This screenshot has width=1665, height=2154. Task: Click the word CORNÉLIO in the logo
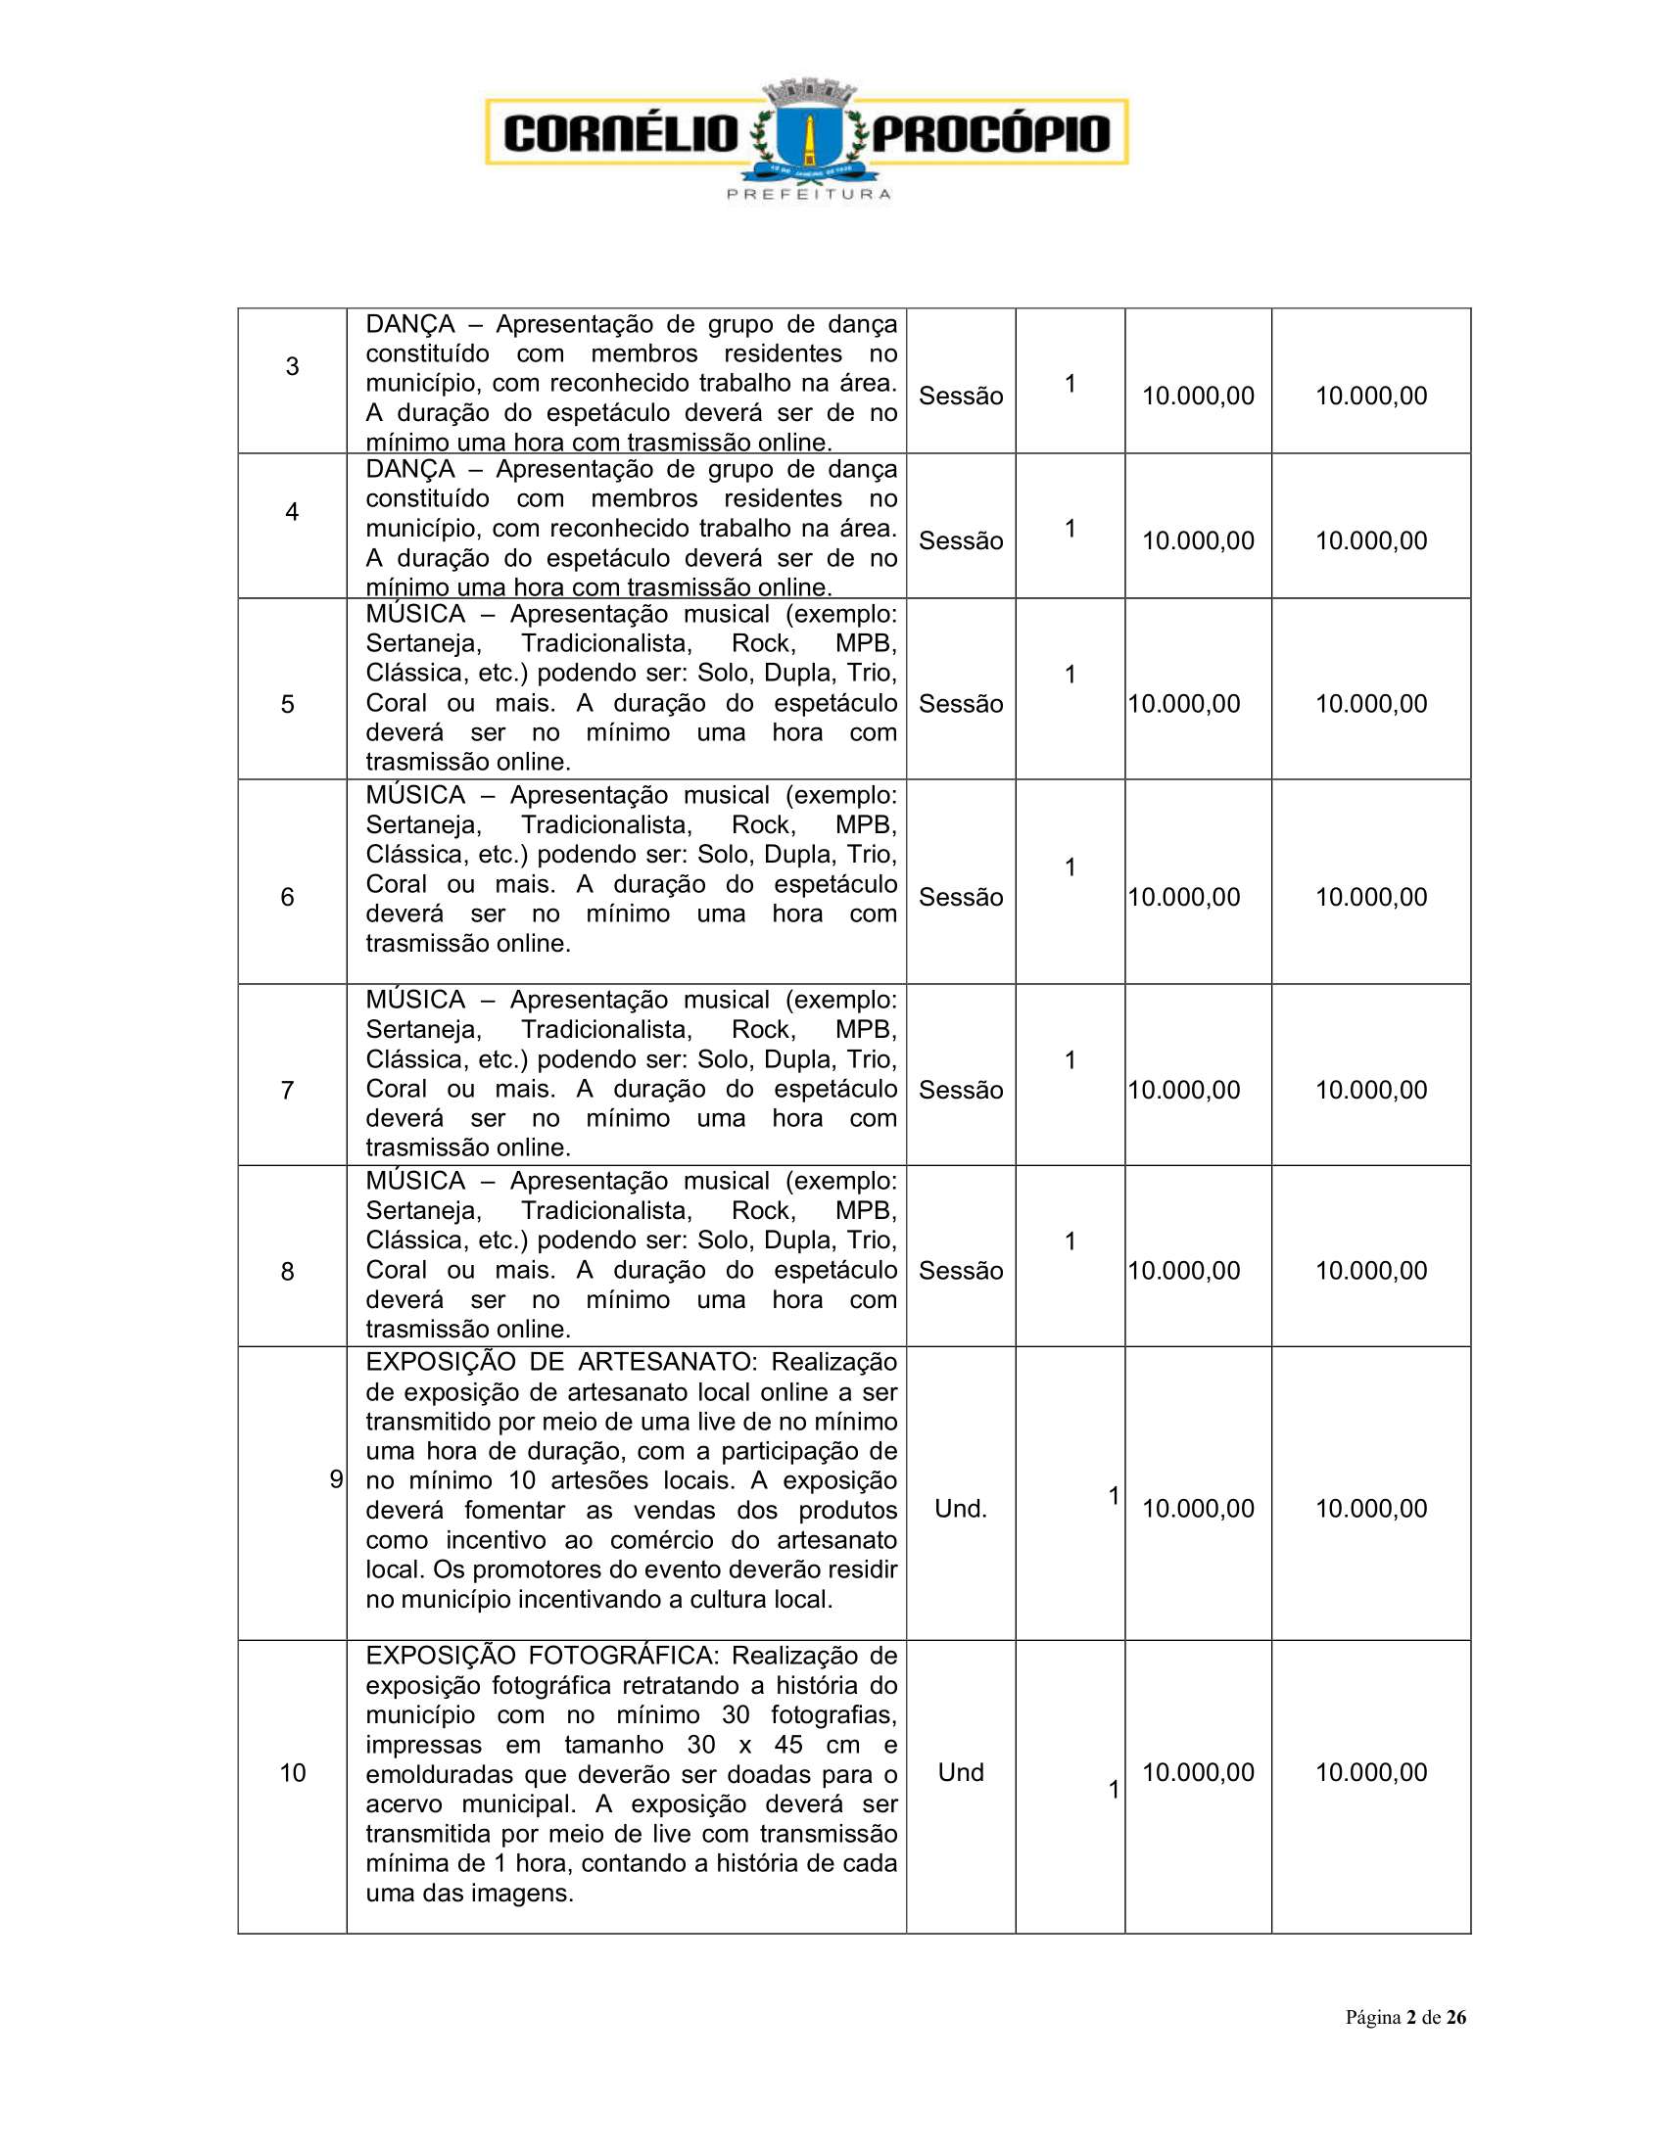tap(620, 133)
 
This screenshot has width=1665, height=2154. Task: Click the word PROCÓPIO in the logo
tap(990, 134)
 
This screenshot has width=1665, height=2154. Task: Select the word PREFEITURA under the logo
tap(809, 194)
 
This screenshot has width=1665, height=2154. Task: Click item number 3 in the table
tap(292, 367)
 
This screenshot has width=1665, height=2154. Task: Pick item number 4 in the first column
tap(292, 512)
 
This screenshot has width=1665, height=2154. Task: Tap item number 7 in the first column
tap(287, 1090)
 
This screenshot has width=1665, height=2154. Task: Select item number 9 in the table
tap(335, 1479)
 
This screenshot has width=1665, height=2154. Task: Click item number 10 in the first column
tap(293, 1772)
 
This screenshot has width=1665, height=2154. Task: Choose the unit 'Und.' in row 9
tap(961, 1509)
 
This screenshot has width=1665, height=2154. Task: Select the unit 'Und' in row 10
tap(961, 1772)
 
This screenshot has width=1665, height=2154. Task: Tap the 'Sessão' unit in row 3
tap(961, 396)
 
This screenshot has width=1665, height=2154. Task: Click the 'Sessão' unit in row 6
tap(961, 897)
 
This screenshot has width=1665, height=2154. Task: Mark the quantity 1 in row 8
tap(1070, 1241)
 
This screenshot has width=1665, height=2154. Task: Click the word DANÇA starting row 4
tap(410, 469)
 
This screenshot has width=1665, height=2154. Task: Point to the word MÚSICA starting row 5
tap(415, 614)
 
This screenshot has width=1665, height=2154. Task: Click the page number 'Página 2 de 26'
tap(1404, 2017)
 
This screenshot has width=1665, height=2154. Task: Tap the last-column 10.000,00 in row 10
tap(1371, 1772)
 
